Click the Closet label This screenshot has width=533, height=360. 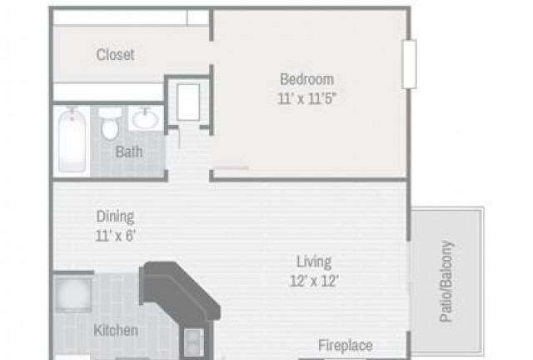click(x=115, y=55)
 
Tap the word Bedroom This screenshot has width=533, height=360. click(x=306, y=79)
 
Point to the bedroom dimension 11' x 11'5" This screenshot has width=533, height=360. click(x=306, y=98)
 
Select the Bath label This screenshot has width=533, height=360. click(x=129, y=152)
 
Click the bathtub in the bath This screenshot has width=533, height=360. click(x=72, y=140)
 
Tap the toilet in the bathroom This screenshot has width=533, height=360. click(x=110, y=124)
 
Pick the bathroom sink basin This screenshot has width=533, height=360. click(x=146, y=118)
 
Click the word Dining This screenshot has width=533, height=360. click(x=115, y=217)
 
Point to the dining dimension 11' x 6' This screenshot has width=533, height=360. click(x=116, y=236)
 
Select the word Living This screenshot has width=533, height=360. click(x=314, y=262)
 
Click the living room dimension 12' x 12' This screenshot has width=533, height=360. click(x=315, y=281)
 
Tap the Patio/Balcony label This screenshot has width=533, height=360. click(x=446, y=282)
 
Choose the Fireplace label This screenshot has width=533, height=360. click(x=346, y=345)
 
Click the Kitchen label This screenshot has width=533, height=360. click(x=116, y=330)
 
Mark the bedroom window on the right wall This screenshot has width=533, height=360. click(x=409, y=64)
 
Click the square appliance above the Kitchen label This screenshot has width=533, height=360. click(x=73, y=295)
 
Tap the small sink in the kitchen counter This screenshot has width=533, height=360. click(x=194, y=342)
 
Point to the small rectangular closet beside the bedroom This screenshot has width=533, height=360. click(x=188, y=102)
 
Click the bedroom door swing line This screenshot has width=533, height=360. click(x=232, y=167)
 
